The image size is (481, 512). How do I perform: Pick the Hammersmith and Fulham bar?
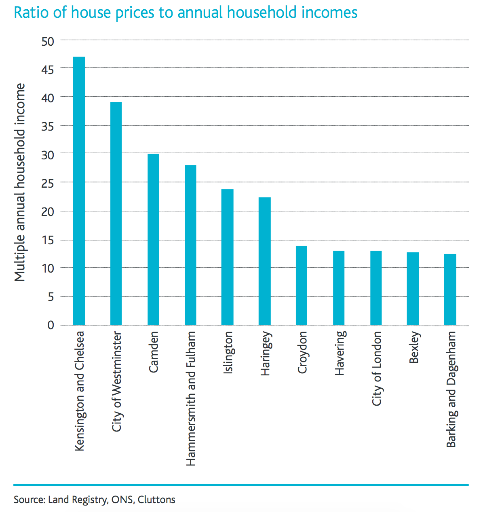pos(190,245)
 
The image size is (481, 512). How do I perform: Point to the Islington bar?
pos(228,257)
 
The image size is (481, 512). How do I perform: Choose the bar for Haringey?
pos(265,261)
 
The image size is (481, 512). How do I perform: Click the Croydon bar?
pos(302,286)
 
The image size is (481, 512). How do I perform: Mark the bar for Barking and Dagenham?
pos(450,290)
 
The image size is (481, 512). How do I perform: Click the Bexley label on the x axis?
pos(414,348)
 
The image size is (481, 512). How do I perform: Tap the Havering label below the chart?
pos(340,353)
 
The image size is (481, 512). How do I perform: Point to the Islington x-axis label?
pos(228,353)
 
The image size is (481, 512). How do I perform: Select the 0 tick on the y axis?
pos(51,325)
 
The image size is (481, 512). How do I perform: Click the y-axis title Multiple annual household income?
pos(20,182)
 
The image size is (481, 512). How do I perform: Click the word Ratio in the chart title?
pos(27,13)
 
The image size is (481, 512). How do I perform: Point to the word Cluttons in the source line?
pos(156,500)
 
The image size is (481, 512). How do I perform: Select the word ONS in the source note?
pos(122,500)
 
